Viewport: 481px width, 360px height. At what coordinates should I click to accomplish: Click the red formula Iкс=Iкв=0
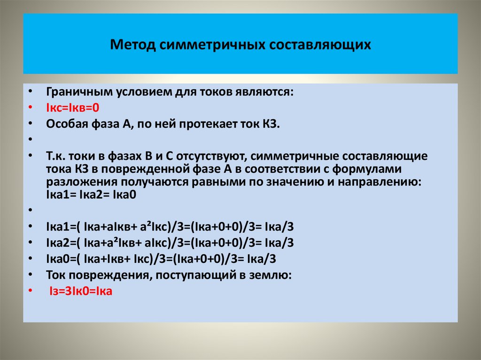point(73,107)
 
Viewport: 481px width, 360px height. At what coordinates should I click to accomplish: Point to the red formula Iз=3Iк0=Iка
point(80,291)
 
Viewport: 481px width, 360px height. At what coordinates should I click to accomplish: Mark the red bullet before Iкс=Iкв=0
point(30,107)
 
